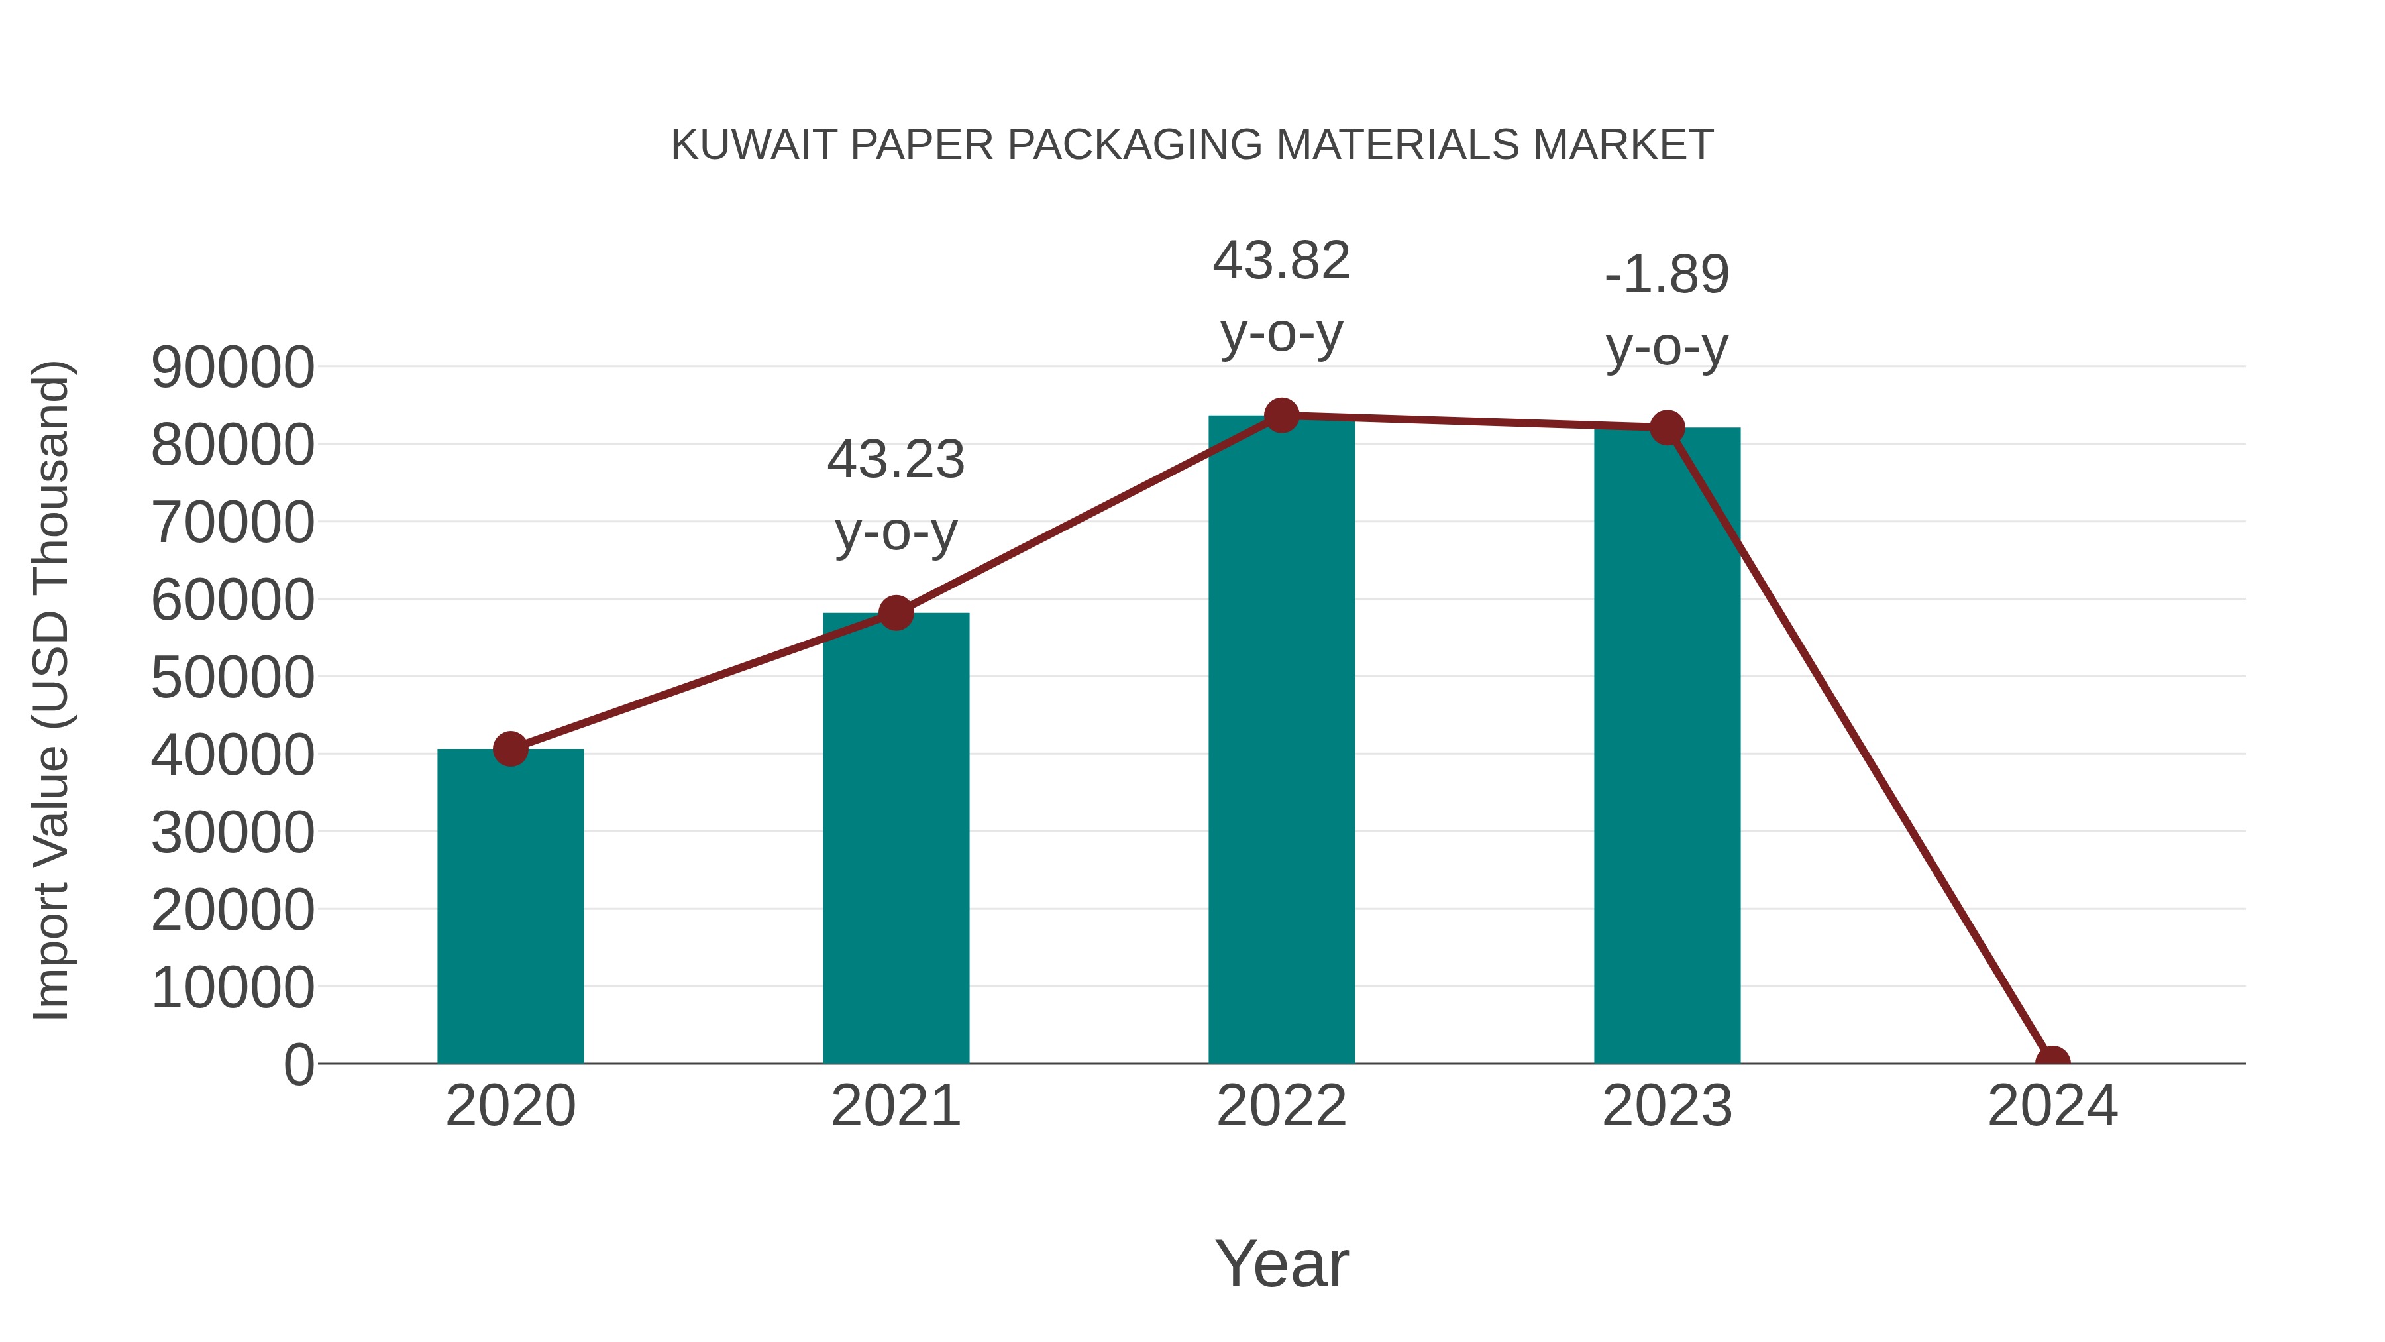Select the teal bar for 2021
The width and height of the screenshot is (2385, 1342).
pos(895,838)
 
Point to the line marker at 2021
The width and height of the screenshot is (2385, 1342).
pos(895,612)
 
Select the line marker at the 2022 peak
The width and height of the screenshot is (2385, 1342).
pos(1281,416)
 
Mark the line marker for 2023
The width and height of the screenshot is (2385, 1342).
pos(1667,428)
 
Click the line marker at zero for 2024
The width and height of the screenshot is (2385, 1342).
pos(2052,1062)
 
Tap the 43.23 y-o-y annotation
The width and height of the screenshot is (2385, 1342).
pos(895,496)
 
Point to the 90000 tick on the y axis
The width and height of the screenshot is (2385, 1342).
pos(233,368)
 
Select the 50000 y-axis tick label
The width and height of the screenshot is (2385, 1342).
pos(233,678)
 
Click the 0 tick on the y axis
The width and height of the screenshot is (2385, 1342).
pos(299,1065)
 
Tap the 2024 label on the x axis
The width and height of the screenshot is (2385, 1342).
pos(2052,1106)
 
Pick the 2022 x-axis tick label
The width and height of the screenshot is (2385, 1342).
pos(1281,1106)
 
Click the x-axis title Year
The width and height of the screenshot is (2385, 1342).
pos(1281,1263)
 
